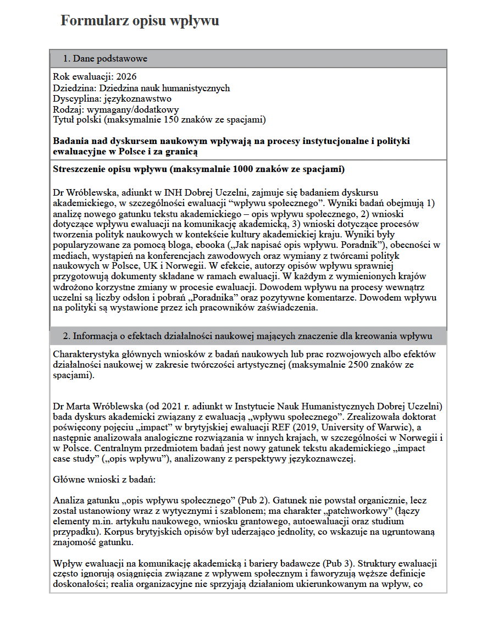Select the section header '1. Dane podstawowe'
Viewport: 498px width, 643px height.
click(104, 59)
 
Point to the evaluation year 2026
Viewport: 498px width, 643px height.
click(126, 76)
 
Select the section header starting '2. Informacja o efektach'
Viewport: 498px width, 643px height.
click(247, 336)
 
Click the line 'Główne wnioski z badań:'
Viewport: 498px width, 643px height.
click(104, 479)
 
